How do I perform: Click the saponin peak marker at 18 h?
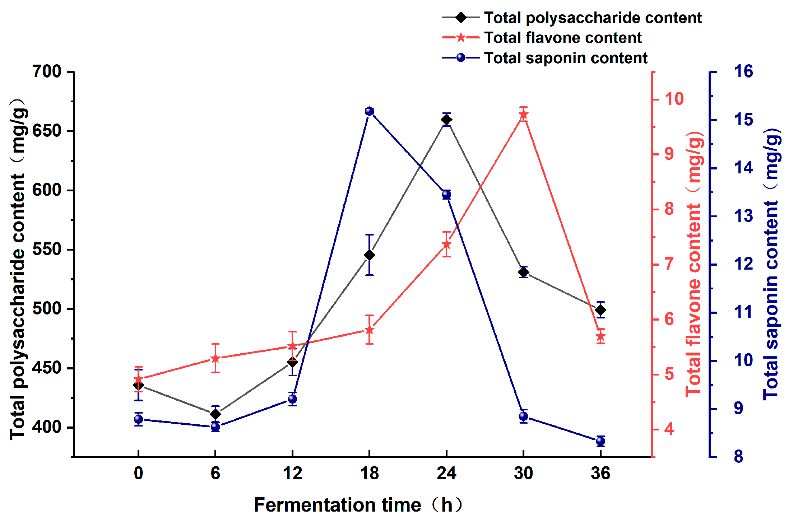pos(369,111)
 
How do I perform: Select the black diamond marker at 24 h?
pos(446,120)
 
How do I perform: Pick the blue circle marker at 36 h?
pos(600,441)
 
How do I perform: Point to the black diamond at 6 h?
pos(215,414)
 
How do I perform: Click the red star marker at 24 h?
pos(446,245)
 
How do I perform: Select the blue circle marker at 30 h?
pos(523,416)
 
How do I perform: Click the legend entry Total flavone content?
pos(562,38)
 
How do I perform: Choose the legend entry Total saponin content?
pos(565,58)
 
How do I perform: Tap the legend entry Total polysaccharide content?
pos(593,18)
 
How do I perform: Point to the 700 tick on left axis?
pos(47,71)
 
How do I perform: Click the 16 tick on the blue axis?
pos(743,71)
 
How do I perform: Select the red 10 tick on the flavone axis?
pos(674,99)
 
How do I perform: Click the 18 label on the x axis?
pos(369,473)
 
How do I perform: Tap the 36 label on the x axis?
pos(600,473)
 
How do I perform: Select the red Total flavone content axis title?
pos(694,264)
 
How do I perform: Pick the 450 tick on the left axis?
pos(47,368)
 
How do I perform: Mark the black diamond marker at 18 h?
pos(369,255)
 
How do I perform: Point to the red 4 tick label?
pos(669,429)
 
